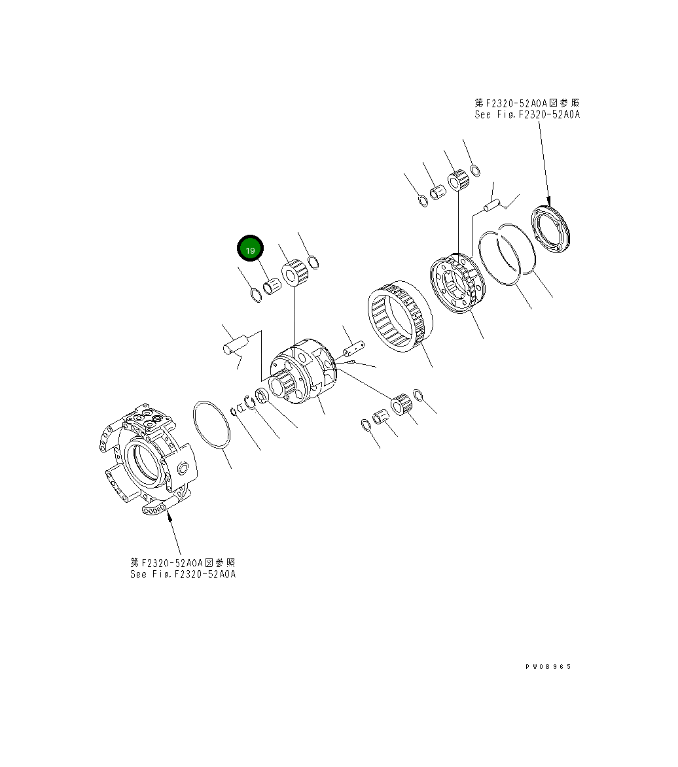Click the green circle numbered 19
250,249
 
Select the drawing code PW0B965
548,666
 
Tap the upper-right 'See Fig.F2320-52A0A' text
527,114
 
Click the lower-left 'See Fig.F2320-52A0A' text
183,574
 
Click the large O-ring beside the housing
211,426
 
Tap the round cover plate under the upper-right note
554,229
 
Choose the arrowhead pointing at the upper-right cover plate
549,202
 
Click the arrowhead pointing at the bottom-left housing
169,516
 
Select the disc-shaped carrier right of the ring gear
459,283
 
